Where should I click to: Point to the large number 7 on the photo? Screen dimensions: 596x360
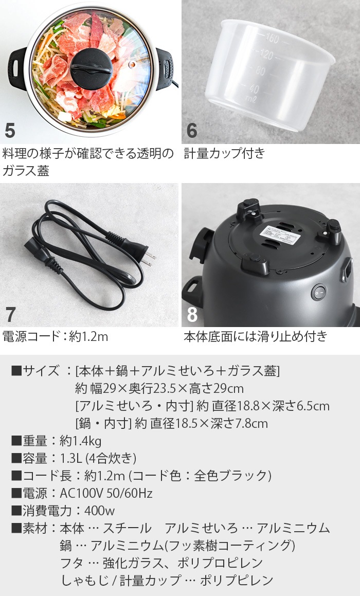pos(10,314)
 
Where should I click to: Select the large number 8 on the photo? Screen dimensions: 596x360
pos(192,314)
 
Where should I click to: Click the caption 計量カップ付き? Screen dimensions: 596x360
pos(224,153)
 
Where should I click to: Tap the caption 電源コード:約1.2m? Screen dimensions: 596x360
pos(56,337)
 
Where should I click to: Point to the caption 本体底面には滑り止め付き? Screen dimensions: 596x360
pos(255,337)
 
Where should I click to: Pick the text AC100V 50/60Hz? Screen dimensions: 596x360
pos(106,493)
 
